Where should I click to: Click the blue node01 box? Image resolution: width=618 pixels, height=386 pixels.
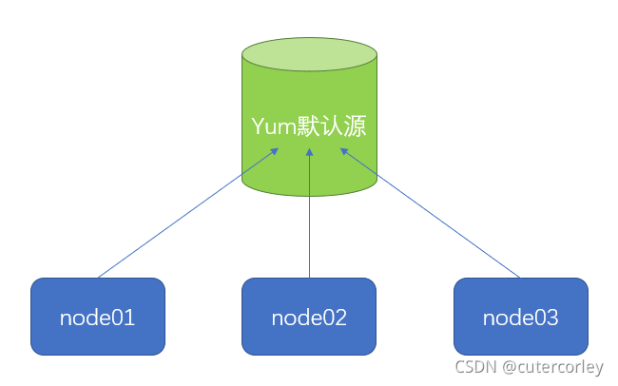(x=97, y=316)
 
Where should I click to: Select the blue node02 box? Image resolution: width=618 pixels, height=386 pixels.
(x=309, y=316)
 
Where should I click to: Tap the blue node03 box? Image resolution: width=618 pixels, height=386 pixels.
(x=520, y=316)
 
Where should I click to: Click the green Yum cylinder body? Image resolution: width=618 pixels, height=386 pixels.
(x=309, y=162)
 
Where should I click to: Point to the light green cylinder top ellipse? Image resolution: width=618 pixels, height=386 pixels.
(x=309, y=54)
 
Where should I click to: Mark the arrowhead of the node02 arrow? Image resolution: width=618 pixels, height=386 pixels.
(x=309, y=151)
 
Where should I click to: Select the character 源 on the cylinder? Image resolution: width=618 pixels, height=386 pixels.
(x=355, y=127)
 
